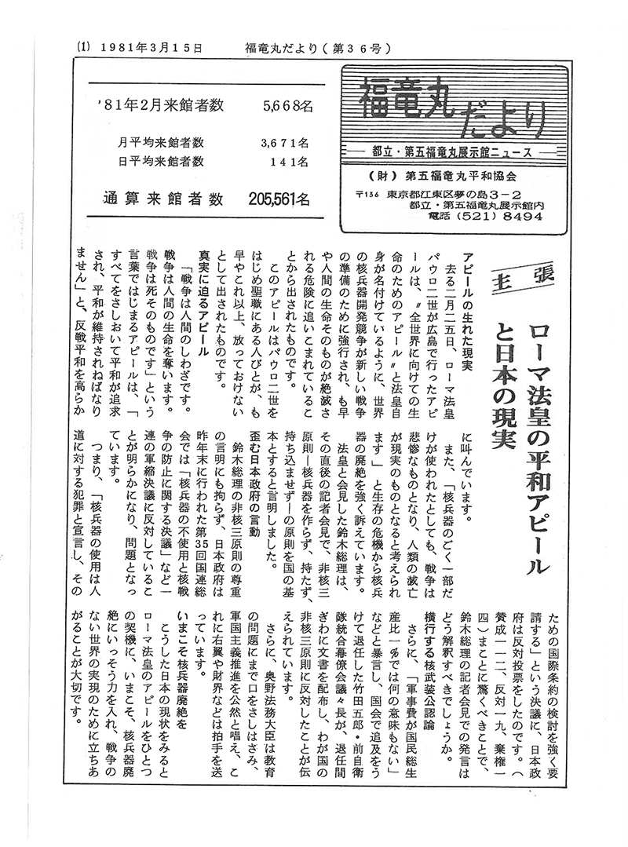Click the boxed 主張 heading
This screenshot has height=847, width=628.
522,276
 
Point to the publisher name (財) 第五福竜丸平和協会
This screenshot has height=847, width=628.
439,176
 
